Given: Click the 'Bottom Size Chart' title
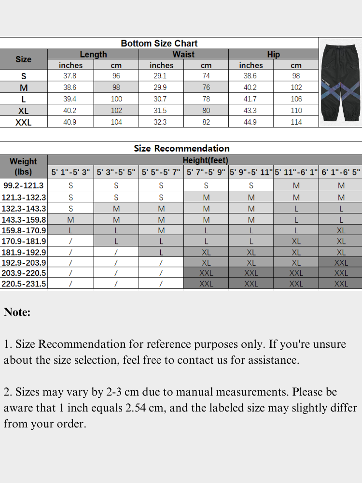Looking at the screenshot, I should coord(159,43).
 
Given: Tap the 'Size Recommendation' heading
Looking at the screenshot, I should coord(181,148).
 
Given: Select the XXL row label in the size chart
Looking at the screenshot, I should coord(23,123).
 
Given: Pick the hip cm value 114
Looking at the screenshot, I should coord(296,122).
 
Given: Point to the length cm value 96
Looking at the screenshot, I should coord(116,76).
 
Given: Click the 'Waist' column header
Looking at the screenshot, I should coord(183,55).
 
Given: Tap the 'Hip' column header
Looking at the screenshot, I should coord(273,55).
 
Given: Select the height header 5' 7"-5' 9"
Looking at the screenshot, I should coord(206,172).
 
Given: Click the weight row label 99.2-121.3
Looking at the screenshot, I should coord(23,185).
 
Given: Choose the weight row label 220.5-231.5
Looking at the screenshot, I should coord(24,284).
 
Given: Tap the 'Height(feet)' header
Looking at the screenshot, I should coord(205,160).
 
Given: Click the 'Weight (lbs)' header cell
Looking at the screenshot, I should coord(23,167).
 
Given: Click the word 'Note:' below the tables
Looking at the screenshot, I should coord(17,312).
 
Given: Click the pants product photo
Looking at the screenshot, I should coord(340,82).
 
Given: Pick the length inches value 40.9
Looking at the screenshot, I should coord(70,122).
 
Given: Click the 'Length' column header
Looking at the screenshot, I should coord(93,55).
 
